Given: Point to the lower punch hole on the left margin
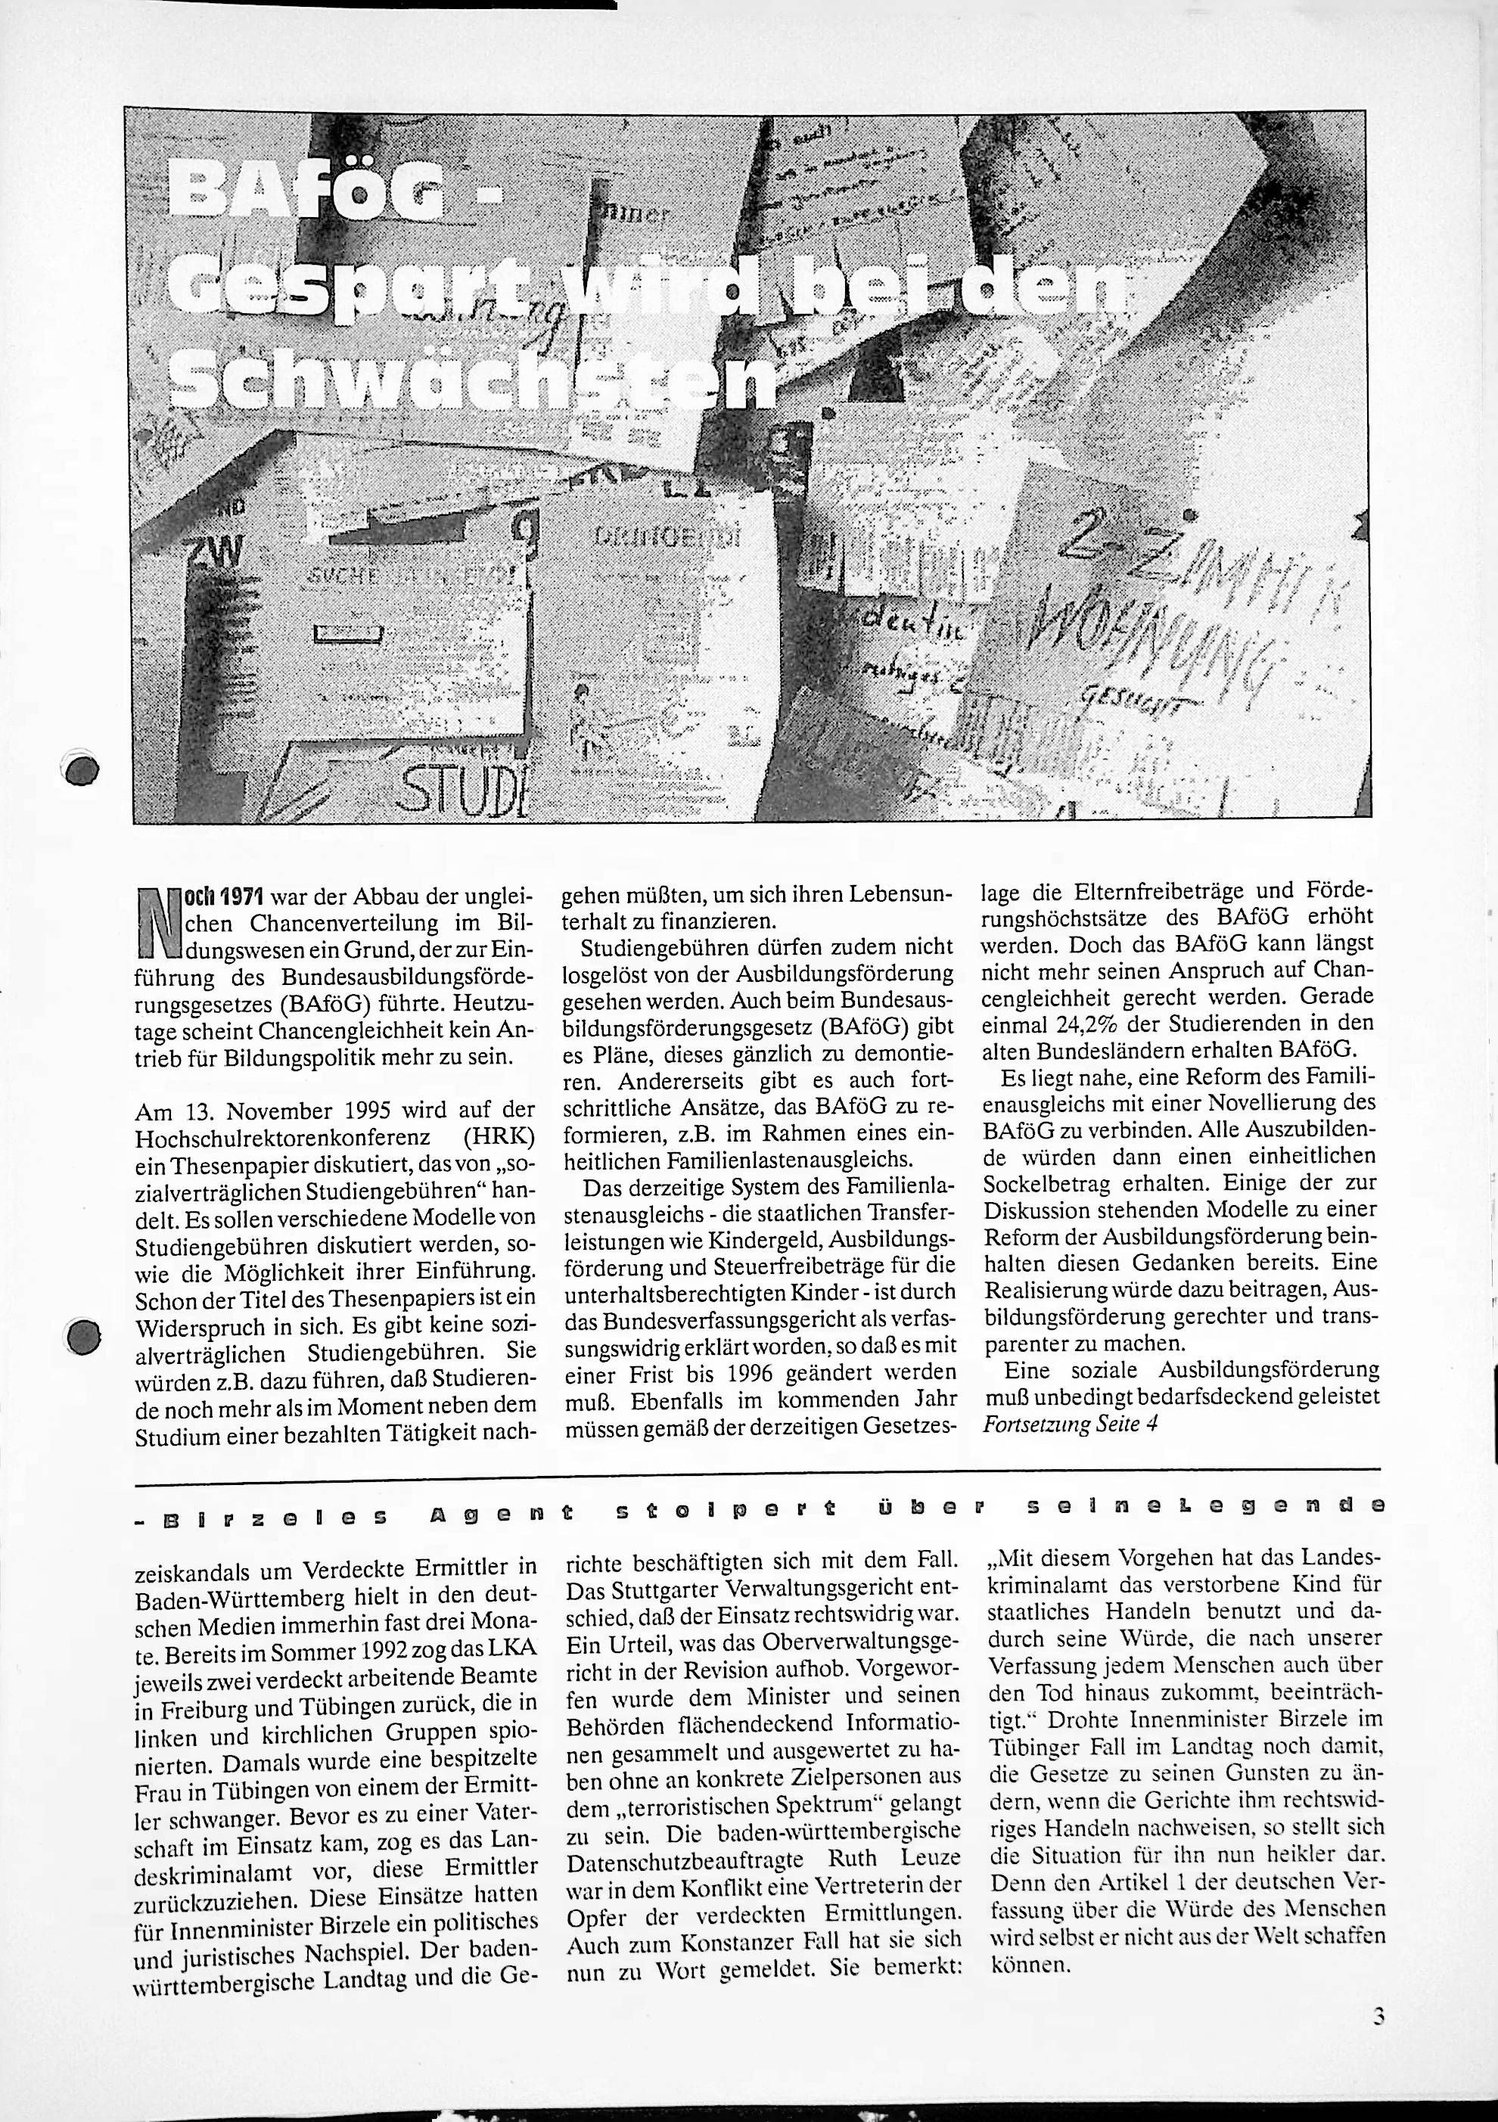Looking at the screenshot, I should coord(84,1337).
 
